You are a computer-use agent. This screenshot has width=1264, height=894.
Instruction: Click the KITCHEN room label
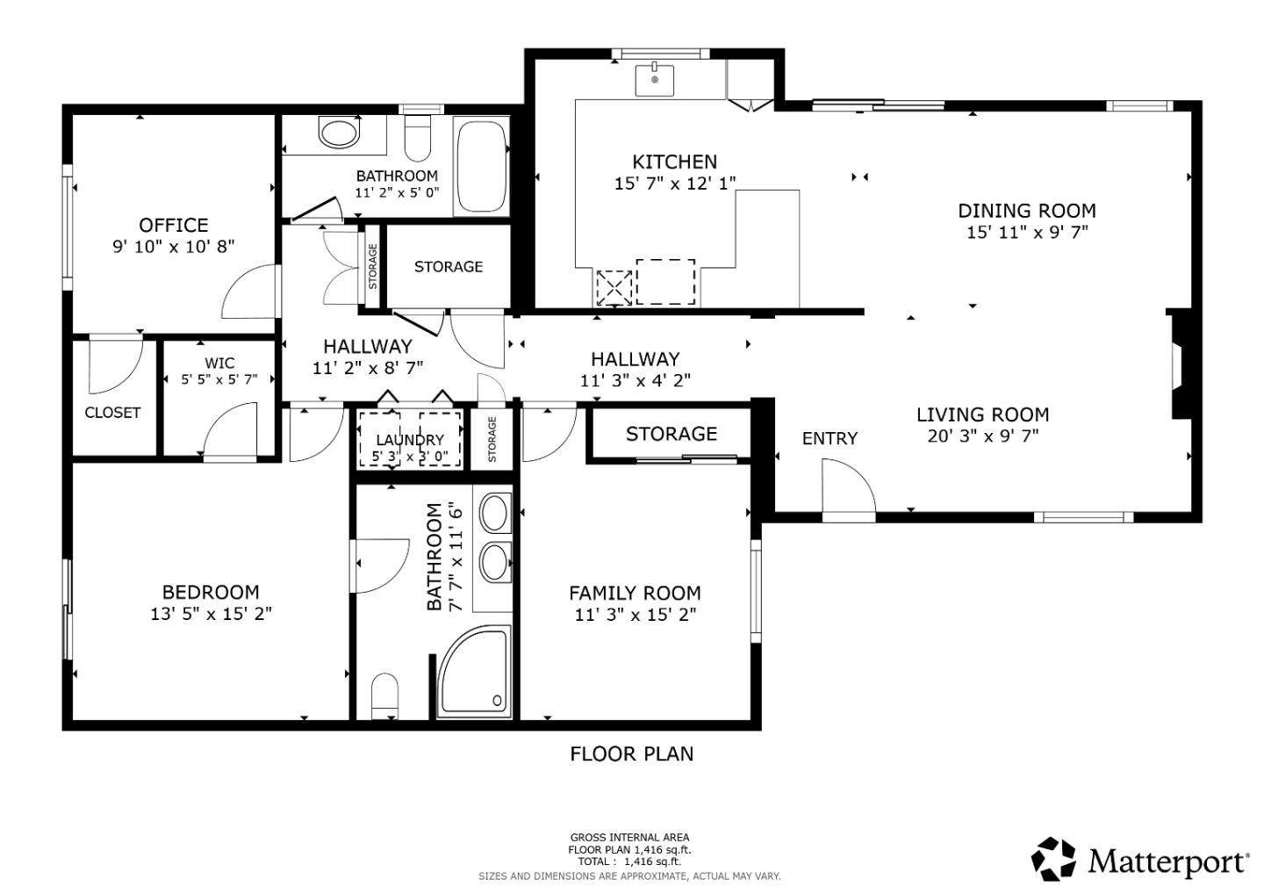click(674, 162)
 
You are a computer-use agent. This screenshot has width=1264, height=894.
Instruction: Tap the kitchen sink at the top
click(654, 79)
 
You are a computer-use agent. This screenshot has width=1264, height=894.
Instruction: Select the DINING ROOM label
click(1026, 211)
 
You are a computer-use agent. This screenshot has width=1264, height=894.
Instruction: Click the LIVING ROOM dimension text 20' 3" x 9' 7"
click(982, 436)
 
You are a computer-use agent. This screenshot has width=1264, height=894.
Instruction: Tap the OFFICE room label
click(173, 225)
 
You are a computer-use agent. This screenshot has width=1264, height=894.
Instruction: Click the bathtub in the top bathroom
click(481, 167)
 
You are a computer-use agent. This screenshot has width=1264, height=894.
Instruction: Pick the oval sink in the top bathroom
click(339, 133)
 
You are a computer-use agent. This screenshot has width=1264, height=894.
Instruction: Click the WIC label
click(219, 363)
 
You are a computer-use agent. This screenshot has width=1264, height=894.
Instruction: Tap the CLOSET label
click(112, 412)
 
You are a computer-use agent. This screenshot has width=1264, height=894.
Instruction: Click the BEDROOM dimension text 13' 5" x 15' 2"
click(211, 614)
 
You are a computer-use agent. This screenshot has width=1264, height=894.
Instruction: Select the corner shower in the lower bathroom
click(475, 673)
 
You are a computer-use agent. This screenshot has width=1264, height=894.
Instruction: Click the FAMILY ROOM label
click(635, 593)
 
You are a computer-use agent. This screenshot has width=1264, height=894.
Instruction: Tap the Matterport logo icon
click(1052, 858)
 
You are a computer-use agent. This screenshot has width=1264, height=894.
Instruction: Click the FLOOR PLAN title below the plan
click(631, 753)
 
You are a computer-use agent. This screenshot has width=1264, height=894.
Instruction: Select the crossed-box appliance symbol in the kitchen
click(614, 287)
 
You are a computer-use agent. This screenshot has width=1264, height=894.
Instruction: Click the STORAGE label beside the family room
click(671, 434)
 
